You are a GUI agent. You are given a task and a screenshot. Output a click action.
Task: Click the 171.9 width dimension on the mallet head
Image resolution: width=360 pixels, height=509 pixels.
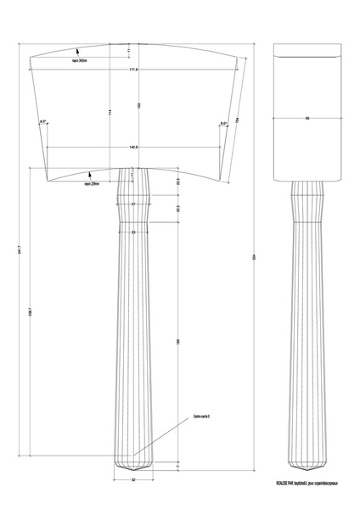133,70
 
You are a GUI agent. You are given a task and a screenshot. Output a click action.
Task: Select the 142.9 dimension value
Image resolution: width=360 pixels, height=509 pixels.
133,147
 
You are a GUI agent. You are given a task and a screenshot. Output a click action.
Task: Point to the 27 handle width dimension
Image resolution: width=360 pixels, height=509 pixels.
133,204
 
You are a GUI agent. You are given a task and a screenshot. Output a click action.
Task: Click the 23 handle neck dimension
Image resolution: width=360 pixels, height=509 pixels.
133,231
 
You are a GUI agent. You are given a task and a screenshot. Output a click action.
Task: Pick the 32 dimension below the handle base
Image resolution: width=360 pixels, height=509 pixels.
133,480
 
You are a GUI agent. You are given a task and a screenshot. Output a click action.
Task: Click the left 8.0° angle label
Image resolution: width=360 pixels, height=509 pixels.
42,123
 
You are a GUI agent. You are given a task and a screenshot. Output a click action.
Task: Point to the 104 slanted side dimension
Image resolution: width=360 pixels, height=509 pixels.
241,119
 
